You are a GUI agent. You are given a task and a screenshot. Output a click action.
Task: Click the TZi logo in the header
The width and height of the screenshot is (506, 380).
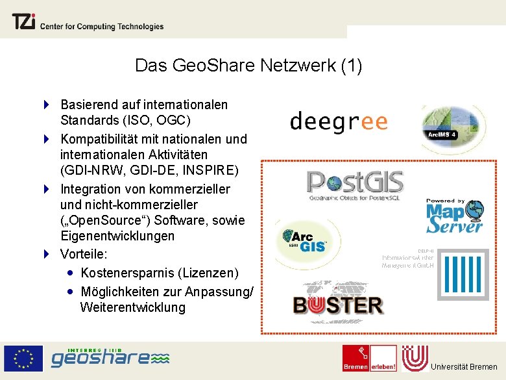(23, 23)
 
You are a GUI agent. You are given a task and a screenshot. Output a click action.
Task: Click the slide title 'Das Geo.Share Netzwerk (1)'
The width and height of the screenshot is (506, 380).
(248, 66)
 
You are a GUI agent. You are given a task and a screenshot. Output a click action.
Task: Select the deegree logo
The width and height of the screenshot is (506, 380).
(338, 121)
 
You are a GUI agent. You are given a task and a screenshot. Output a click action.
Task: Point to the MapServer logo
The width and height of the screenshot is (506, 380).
(455, 216)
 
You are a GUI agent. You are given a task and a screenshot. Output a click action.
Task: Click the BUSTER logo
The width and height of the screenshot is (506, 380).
(338, 303)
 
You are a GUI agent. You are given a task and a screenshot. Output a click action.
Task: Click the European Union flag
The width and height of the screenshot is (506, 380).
(24, 359)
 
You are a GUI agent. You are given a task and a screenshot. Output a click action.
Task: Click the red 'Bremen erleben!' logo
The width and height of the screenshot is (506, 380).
(370, 359)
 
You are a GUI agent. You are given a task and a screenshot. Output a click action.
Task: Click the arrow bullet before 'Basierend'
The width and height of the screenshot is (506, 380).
(47, 104)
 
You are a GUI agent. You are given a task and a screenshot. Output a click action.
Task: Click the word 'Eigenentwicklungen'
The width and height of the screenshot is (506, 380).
(117, 236)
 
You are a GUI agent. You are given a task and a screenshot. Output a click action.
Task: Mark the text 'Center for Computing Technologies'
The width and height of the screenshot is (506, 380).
(102, 27)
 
